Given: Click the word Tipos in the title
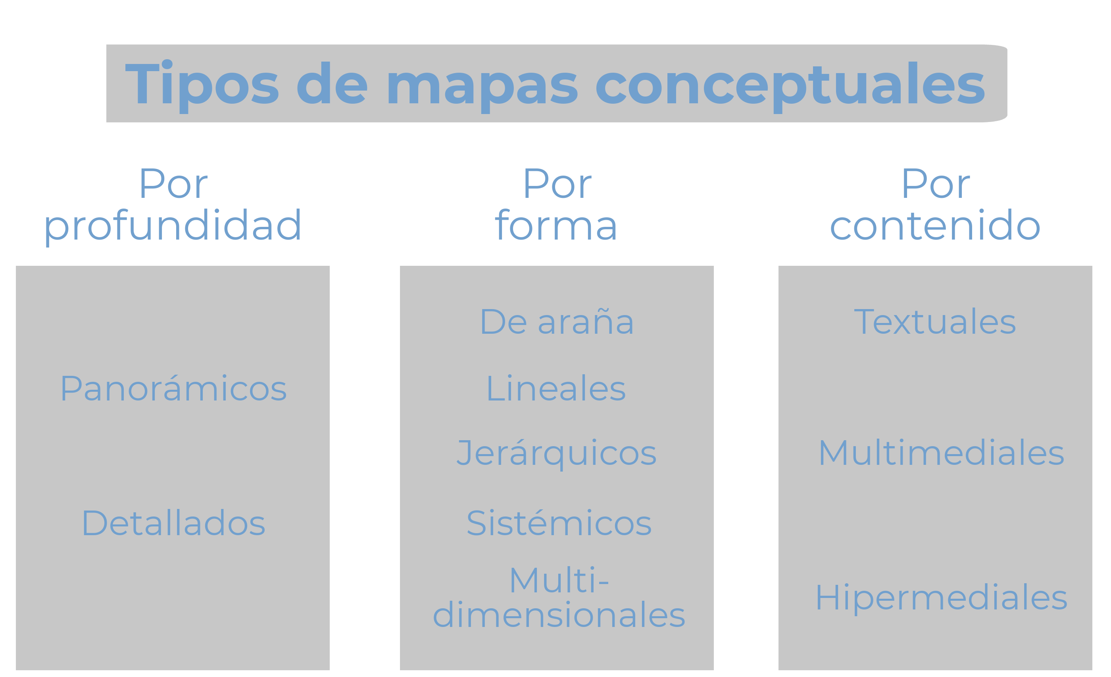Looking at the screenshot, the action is (202, 86).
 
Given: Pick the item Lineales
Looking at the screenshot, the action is (556, 388).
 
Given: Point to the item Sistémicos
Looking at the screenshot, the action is (559, 522).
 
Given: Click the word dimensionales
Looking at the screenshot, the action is (559, 615).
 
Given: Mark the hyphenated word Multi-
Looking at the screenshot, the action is (559, 580).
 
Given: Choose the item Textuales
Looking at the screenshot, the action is (935, 322).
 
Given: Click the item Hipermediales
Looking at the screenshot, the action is (942, 598).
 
